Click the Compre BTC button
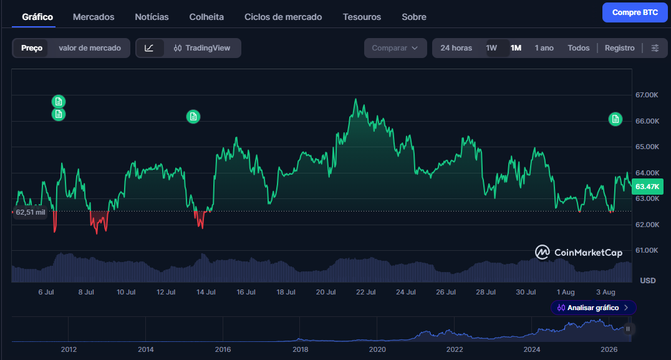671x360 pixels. [635, 12]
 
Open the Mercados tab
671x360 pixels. [94, 17]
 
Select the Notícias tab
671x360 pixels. [152, 17]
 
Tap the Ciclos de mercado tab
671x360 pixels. [283, 17]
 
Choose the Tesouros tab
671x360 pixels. [362, 17]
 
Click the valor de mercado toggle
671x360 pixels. [90, 48]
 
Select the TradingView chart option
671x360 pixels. [202, 48]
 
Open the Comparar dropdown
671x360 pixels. [395, 48]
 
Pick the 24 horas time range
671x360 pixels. [456, 48]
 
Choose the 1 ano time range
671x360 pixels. [544, 48]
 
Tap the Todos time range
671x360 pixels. [579, 48]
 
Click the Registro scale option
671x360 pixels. [620, 48]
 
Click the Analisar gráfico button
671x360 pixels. [593, 308]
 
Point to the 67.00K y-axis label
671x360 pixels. [647, 95]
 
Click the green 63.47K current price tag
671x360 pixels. [647, 187]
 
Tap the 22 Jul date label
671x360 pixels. [366, 292]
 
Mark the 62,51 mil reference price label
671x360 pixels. [29, 212]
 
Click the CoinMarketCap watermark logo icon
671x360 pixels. [542, 252]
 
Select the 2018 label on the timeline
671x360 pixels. [301, 349]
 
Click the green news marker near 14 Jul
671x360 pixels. [193, 117]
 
